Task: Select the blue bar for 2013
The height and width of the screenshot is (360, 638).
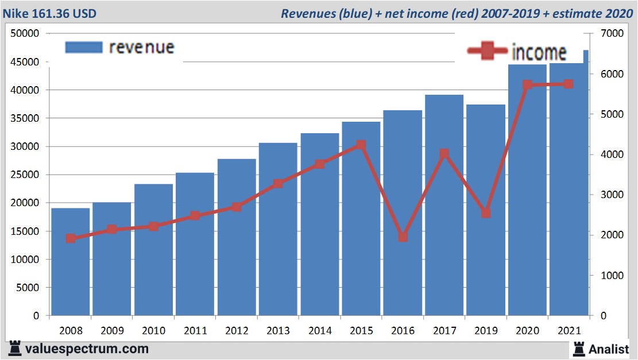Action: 278,229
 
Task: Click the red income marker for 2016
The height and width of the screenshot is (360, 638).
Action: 403,237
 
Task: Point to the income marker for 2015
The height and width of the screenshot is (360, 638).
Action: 361,145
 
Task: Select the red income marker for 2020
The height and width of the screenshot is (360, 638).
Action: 528,85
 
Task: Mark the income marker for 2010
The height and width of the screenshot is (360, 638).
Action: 153,226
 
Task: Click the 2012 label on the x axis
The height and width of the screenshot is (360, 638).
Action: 237,331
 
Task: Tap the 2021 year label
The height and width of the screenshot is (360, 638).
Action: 569,331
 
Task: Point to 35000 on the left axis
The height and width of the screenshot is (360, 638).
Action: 26,118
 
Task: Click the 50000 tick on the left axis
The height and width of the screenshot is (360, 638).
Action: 26,33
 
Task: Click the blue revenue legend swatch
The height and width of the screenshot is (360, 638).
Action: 84,47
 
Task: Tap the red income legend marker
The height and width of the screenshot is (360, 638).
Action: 488,51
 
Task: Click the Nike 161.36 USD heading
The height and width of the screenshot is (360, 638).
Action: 50,13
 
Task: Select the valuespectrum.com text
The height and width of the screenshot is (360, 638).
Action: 86,349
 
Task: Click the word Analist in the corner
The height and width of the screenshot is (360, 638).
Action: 609,349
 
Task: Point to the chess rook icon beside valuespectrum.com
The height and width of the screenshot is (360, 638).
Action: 15,348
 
